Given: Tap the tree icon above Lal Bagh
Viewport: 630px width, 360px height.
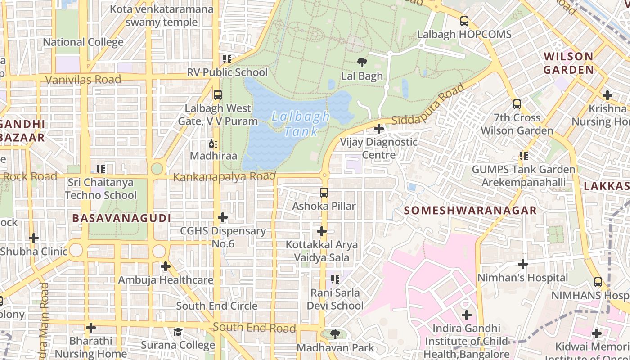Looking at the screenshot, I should [362, 63].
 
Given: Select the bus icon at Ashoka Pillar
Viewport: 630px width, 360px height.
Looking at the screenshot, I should [324, 193].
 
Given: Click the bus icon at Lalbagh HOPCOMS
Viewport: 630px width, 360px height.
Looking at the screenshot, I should [464, 21].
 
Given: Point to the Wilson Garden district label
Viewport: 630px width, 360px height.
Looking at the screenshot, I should [568, 63].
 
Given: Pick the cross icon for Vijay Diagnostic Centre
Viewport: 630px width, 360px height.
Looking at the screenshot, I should [379, 129].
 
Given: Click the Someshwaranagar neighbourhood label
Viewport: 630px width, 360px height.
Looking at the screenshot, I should [470, 211].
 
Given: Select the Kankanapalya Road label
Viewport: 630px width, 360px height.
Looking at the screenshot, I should [224, 177].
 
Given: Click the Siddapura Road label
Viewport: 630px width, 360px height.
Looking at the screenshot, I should [427, 106].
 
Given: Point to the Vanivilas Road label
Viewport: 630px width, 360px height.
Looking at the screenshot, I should [83, 80].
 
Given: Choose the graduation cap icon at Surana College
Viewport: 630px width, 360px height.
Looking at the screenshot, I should [178, 332].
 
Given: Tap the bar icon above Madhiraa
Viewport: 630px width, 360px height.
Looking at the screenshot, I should [213, 144].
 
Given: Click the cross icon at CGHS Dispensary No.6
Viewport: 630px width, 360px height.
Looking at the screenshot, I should [222, 218].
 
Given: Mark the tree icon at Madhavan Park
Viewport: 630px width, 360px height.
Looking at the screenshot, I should [335, 334].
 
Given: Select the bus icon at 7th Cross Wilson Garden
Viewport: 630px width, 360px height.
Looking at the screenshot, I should [517, 104].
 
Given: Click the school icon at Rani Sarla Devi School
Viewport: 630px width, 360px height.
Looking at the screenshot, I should [335, 279].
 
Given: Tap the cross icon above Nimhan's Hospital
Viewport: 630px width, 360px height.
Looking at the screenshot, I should [522, 264].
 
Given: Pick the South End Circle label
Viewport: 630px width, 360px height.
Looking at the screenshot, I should [216, 306].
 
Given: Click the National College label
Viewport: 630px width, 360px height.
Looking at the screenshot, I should [83, 42].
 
